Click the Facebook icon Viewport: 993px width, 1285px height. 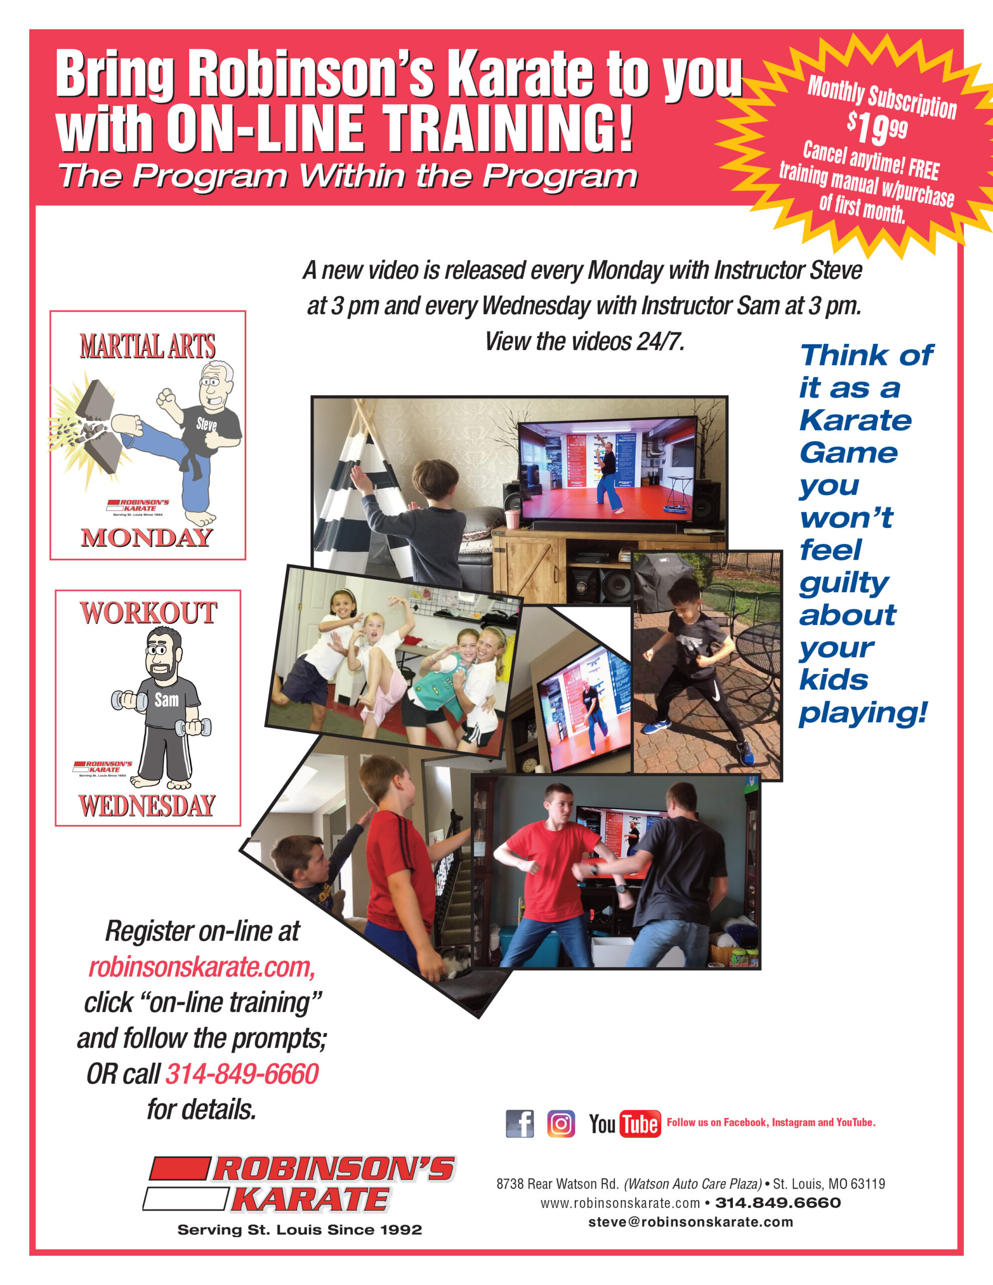pos(520,1124)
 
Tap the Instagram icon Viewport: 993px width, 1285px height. pos(561,1124)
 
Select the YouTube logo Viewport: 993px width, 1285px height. pos(625,1124)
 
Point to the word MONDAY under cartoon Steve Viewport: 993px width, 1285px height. pos(147,537)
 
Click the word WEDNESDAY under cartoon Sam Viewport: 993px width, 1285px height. pos(147,806)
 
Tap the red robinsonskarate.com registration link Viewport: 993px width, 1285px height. pos(202,967)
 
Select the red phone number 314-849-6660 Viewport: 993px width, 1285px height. pos(242,1074)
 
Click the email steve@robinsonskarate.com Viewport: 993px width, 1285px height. pos(690,1222)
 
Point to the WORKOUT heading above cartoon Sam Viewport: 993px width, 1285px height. pos(148,613)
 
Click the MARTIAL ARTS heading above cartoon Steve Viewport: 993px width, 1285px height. pos(148,346)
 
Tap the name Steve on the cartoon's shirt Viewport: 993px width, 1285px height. pos(207,424)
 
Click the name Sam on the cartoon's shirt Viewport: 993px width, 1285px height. pos(167,700)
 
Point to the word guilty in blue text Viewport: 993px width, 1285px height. pos(844,584)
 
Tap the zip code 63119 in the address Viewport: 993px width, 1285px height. pos(867,1184)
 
